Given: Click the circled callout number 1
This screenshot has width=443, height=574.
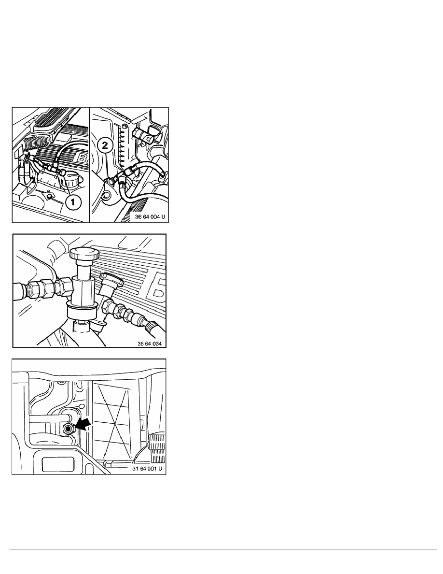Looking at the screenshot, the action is click(73, 202).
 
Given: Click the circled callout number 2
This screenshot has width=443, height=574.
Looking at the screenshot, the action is click(105, 146).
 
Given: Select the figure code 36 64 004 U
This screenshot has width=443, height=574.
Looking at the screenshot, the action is click(150, 217).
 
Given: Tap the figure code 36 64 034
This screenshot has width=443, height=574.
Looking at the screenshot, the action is click(150, 344).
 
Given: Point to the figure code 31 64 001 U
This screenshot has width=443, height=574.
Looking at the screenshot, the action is click(147, 469).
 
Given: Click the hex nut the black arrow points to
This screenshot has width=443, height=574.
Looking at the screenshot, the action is click(68, 429).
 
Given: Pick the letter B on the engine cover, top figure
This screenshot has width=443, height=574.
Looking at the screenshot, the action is click(83, 158).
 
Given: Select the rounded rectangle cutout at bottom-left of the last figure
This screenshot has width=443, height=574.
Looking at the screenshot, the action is click(54, 464).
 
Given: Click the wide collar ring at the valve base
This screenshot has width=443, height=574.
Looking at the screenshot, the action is click(82, 313).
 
